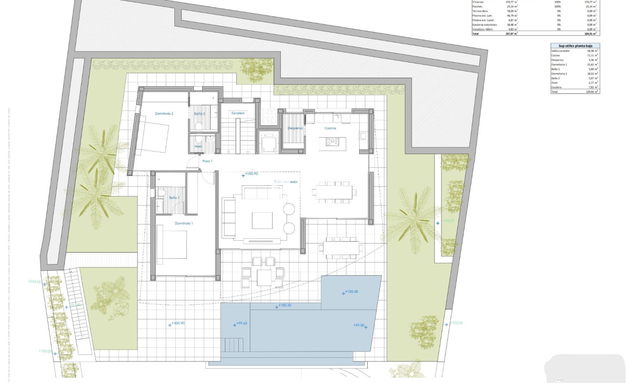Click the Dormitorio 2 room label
(164, 114)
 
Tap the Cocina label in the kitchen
(330, 128)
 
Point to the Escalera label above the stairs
(238, 113)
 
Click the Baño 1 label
(174, 197)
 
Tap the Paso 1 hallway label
(207, 161)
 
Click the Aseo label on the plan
(198, 146)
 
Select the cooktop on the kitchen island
(332, 141)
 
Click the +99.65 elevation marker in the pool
(241, 324)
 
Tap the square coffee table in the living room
(262, 221)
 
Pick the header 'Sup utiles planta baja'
(575, 45)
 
